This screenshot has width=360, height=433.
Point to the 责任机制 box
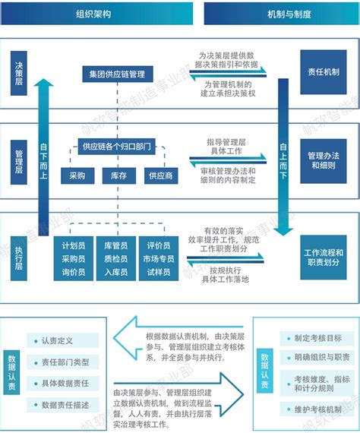point(324,71)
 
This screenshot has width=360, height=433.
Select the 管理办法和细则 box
point(324,160)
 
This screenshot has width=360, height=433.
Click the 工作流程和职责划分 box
point(324,256)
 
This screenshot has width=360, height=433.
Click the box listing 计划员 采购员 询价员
point(78,258)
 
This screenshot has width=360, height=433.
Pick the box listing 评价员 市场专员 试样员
point(158,258)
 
